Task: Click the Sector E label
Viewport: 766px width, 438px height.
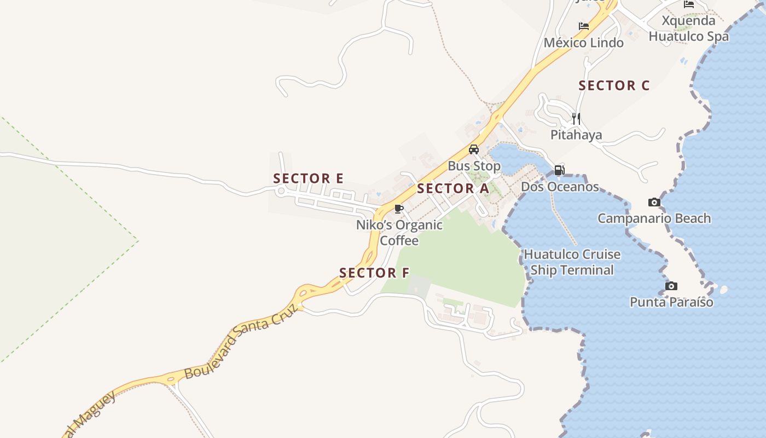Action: coord(308,178)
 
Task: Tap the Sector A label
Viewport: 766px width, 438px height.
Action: coord(452,189)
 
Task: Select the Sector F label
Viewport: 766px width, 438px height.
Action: coord(374,273)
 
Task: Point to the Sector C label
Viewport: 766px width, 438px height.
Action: coord(614,86)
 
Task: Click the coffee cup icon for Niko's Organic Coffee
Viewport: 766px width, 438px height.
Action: coord(399,209)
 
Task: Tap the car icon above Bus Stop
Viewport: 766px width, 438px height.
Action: coord(474,149)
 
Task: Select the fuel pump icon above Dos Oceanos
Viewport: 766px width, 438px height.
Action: coord(559,170)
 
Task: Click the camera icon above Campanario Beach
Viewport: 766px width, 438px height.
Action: coord(654,203)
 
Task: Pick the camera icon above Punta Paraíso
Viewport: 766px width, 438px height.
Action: coord(671,286)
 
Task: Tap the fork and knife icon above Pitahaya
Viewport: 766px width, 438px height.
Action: coord(576,118)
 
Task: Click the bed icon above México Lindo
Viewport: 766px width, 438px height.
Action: coord(584,26)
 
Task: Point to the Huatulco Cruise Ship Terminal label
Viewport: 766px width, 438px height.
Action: coord(572,262)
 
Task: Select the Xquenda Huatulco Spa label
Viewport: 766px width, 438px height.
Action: coord(688,28)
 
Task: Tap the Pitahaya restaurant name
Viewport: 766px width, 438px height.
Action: coord(576,135)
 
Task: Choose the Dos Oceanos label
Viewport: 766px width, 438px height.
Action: coord(560,187)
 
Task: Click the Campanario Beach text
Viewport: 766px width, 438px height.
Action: coord(654,218)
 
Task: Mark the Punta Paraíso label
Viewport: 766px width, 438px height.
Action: coord(671,302)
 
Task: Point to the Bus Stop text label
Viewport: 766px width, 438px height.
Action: coord(474,166)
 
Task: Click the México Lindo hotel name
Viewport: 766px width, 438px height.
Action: coord(583,43)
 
